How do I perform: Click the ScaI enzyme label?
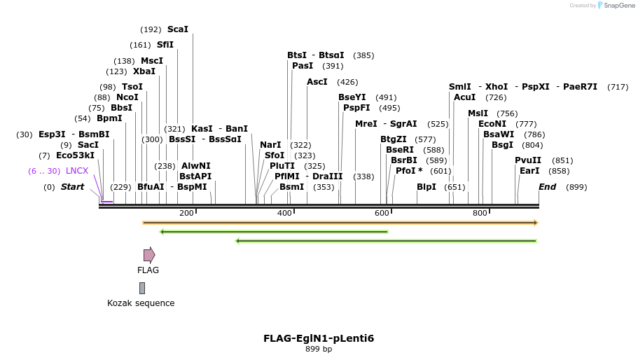177,29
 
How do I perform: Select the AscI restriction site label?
317,82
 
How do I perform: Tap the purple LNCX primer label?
77,171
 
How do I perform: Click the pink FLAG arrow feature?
149,255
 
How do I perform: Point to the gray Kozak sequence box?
142,288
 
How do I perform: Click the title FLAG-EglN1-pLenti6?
319,338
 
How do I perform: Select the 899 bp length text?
319,349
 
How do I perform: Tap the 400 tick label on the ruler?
284,213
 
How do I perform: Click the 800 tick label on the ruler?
480,213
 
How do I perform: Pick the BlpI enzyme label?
426,187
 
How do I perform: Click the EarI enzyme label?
529,171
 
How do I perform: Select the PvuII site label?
528,160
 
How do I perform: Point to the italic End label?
547,187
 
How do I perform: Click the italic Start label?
72,187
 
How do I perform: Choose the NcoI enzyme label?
127,97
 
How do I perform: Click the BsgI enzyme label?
502,145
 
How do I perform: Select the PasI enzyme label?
303,66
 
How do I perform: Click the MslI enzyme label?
478,113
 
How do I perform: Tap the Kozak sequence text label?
141,303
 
